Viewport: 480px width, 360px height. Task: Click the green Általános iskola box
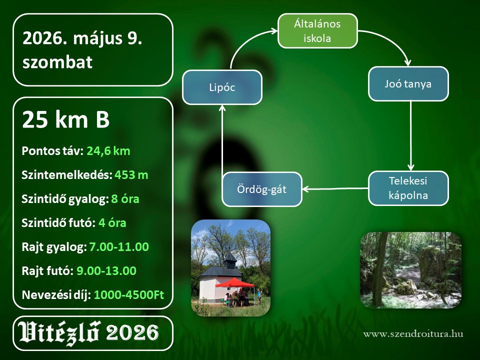(317, 31)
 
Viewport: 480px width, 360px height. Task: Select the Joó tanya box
(408, 84)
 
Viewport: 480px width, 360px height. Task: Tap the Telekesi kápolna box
(408, 188)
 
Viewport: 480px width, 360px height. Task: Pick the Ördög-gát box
(261, 189)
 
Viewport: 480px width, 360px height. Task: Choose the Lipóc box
(222, 87)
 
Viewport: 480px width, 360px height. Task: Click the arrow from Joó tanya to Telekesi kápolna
(411, 136)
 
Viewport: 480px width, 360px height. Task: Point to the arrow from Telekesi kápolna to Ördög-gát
(335, 189)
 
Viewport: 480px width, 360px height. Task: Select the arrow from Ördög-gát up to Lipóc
(222, 138)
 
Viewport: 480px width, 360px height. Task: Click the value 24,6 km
(108, 151)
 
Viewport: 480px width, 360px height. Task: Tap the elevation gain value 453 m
(131, 175)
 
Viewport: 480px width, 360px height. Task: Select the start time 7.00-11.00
(119, 246)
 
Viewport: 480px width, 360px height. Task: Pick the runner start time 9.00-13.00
(106, 270)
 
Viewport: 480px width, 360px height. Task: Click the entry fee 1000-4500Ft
(129, 294)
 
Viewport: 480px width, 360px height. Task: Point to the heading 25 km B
(66, 119)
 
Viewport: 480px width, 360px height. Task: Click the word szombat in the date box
(57, 62)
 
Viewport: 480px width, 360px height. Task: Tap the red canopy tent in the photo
(234, 282)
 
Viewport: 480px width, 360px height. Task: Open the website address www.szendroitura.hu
(413, 333)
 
